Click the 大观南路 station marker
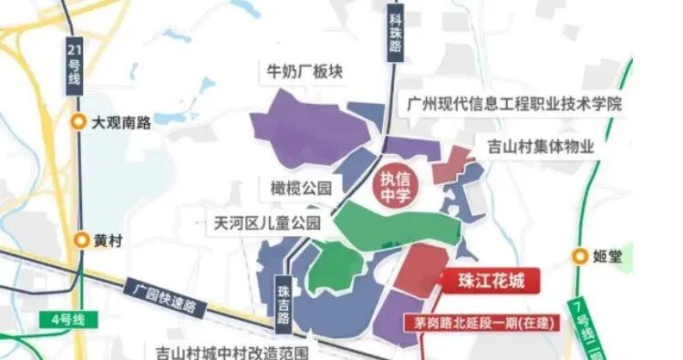point(80,123)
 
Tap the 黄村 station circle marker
point(80,241)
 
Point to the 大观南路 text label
point(121,123)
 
